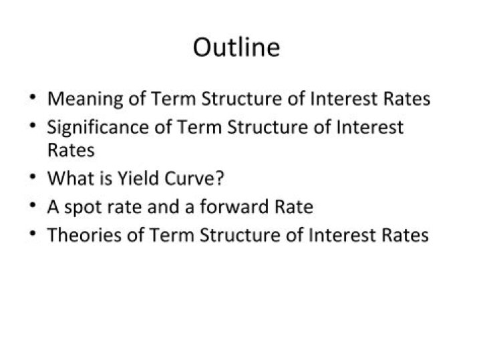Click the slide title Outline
[x=236, y=47]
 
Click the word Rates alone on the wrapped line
[x=70, y=150]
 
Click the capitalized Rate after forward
[x=292, y=207]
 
